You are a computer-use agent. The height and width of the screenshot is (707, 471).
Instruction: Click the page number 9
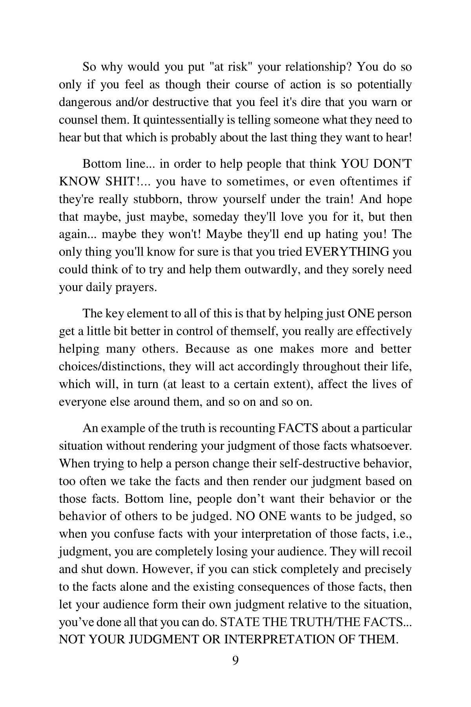235,661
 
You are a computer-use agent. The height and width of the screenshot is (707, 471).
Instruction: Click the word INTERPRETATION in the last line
280,639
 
